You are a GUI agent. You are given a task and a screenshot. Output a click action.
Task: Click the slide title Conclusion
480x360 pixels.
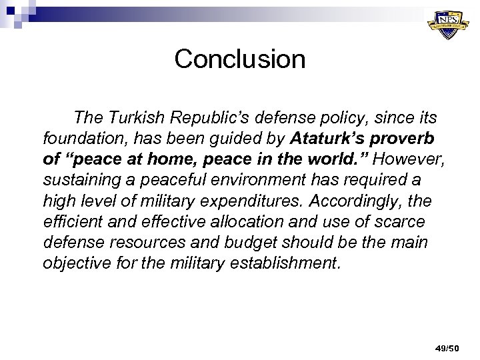tap(240, 59)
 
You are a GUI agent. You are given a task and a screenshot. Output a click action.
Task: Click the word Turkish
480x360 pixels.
tap(145, 119)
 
